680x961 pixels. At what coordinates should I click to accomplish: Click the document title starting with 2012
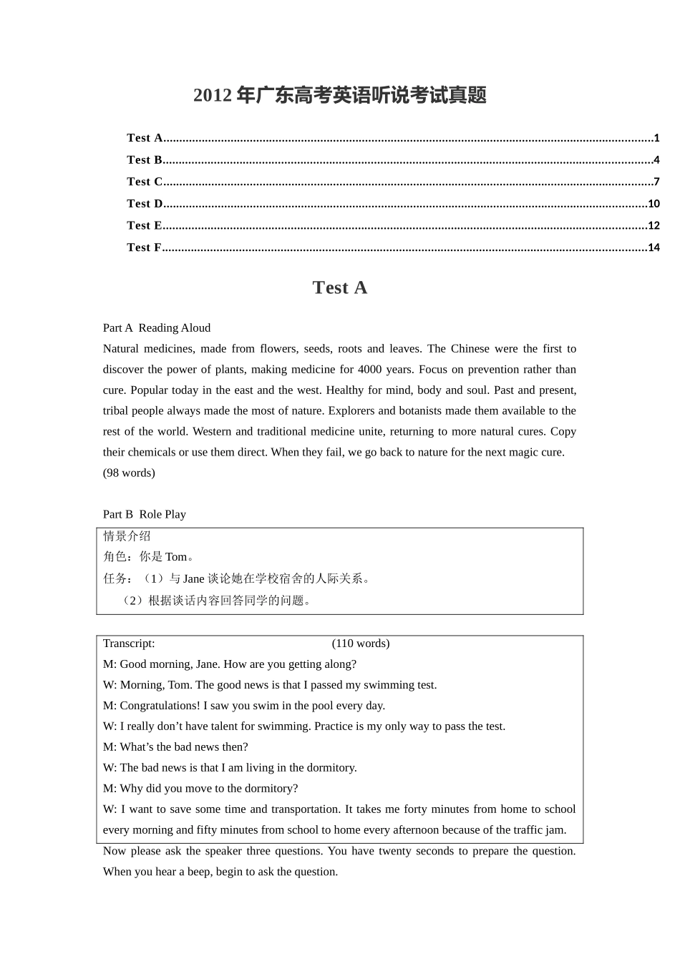(339, 95)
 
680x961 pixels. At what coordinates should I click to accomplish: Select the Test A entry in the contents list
(145, 138)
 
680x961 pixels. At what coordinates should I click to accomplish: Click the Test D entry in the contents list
(145, 204)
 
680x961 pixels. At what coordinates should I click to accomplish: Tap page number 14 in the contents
(653, 247)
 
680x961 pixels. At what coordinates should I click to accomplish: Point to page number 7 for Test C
(656, 182)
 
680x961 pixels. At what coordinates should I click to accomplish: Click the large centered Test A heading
(339, 287)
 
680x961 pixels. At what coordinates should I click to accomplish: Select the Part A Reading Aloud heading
(157, 328)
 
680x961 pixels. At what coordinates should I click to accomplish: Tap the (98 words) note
(129, 473)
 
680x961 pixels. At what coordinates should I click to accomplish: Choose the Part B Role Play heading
(145, 514)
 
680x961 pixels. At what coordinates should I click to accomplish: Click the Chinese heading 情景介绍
(127, 536)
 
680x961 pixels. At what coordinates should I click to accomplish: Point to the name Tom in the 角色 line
(175, 557)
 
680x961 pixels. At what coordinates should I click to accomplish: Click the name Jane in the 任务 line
(193, 578)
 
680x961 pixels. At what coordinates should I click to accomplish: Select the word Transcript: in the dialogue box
(129, 644)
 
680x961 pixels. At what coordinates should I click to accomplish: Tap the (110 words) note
(361, 644)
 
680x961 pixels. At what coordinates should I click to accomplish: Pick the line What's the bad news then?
(175, 747)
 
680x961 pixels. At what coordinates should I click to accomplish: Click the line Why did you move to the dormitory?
(200, 789)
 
